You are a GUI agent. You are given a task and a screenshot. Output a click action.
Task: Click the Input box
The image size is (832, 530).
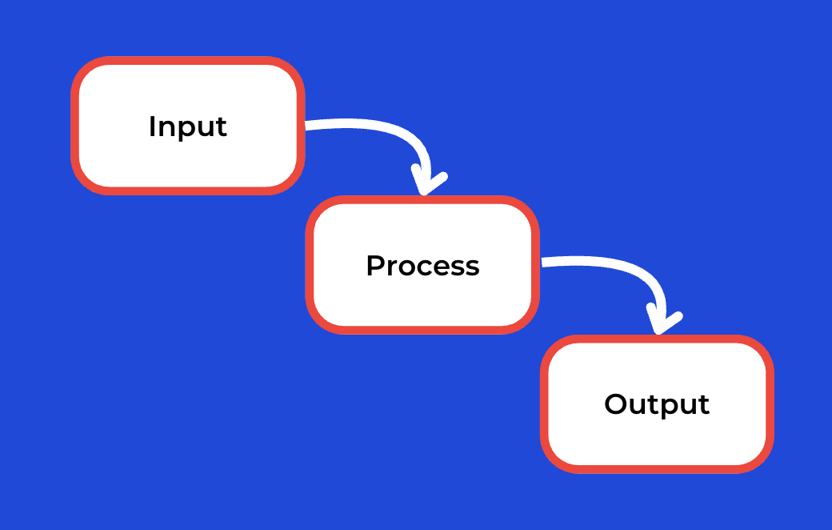coord(188,126)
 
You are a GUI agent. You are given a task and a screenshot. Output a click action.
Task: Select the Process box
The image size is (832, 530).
coord(422,265)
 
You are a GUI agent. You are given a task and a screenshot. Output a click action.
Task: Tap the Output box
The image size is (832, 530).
coord(657,404)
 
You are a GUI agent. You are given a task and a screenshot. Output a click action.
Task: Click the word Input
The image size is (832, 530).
coord(188,127)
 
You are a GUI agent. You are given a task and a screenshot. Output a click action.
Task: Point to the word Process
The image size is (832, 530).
coord(423,266)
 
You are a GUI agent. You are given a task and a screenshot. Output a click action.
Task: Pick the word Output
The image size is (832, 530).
coord(657,405)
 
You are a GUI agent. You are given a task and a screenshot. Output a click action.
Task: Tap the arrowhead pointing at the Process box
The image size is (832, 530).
coord(429,182)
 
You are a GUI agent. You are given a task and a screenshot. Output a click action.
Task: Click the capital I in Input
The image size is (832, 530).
coord(152,126)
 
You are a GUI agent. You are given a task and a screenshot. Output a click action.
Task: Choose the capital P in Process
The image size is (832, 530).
coord(376,266)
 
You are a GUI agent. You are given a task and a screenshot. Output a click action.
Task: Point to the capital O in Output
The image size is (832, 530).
coord(616,404)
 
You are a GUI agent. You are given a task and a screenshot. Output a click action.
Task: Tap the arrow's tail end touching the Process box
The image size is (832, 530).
coord(542,262)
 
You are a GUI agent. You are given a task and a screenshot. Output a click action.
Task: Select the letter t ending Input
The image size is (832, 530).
coord(222,127)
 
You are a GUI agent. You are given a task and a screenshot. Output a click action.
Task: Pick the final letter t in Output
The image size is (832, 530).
coord(703,405)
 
